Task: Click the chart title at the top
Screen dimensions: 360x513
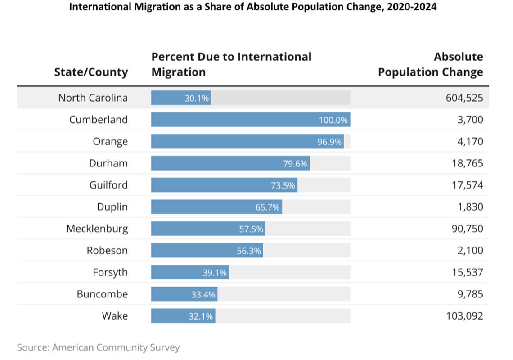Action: coord(252,8)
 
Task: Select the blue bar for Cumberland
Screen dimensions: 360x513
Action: coord(250,120)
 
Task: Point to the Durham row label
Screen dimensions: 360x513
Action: coord(108,163)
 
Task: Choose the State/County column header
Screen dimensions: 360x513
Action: coord(91,72)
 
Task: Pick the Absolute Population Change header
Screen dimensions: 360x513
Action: coord(431,64)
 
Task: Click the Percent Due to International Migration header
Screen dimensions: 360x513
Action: coord(231,64)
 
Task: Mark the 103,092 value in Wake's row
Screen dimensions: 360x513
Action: coord(461,316)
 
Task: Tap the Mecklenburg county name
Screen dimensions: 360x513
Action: coord(97,229)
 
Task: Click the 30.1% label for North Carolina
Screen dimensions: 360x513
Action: coord(197,98)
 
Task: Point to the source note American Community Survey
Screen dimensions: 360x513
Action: coord(98,347)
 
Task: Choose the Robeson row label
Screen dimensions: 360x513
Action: coord(107,251)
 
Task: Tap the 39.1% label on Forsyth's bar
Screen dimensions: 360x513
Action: coord(215,272)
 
